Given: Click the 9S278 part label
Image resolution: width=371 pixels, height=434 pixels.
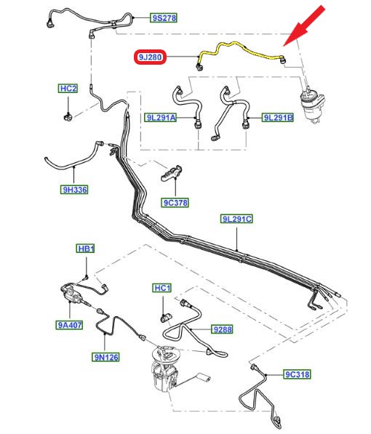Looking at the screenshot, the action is point(164,18).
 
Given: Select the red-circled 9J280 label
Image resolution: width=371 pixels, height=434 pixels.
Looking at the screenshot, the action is point(150,57).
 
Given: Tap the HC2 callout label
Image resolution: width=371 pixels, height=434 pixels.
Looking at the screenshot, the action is point(68,89).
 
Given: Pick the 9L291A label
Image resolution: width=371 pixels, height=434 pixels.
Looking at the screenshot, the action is point(161,118).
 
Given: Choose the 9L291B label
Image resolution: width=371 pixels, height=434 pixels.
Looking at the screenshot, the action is point(278,118).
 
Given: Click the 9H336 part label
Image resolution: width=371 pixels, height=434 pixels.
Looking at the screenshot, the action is point(74,190).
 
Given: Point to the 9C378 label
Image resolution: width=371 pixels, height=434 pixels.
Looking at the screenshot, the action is point(175,203).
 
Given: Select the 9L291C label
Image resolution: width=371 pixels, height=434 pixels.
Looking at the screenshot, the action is point(237,219).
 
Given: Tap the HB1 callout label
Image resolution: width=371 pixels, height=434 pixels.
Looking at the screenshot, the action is point(86,249).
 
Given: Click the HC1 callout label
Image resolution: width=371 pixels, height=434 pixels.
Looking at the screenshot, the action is point(162,288).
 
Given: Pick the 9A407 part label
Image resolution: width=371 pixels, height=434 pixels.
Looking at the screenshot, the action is point(69,325).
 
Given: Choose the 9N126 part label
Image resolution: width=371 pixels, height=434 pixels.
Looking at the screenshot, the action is point(105,357).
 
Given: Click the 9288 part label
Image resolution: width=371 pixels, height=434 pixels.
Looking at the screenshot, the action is point(222,329).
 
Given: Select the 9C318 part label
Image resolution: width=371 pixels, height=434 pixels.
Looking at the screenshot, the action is point(298,374).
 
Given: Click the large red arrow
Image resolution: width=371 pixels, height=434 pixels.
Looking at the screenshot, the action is point(304,25).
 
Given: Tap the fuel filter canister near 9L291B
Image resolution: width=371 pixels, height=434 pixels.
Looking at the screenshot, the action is point(313,106).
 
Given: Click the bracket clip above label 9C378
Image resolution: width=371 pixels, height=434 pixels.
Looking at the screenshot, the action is point(171,173).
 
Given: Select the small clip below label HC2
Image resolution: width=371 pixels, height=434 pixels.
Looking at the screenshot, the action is point(68,117).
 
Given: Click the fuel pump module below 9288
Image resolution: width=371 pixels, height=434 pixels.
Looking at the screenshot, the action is point(166,368).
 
